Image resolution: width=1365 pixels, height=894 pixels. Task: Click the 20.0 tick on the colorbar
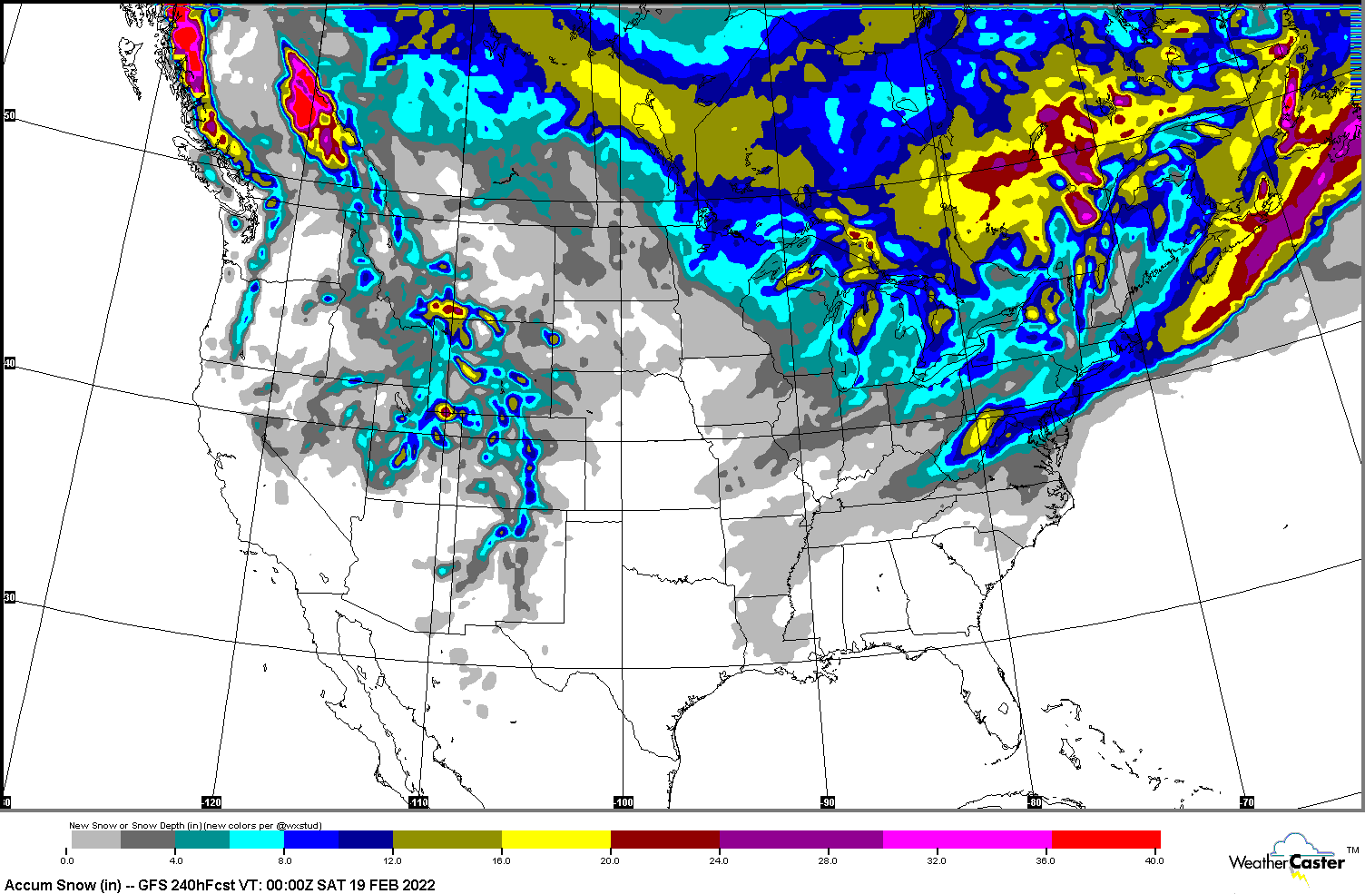pyautogui.click(x=611, y=860)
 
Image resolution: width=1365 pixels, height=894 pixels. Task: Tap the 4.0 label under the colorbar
pyautogui.click(x=176, y=860)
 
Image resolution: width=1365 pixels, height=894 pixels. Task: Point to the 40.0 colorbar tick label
pyautogui.click(x=1154, y=860)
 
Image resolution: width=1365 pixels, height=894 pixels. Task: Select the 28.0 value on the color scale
pyautogui.click(x=828, y=860)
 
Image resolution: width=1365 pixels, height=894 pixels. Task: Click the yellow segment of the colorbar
pyautogui.click(x=555, y=840)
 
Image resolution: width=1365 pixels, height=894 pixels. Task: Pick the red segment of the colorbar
pyautogui.click(x=1105, y=840)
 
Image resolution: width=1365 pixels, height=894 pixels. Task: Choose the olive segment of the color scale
pyautogui.click(x=447, y=840)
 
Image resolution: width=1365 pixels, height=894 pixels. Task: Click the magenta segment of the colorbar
pyautogui.click(x=967, y=840)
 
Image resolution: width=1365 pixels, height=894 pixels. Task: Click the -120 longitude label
pyautogui.click(x=211, y=802)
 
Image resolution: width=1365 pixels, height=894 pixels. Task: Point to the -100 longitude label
pyautogui.click(x=623, y=802)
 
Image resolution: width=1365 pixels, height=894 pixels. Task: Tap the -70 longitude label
pyautogui.click(x=1246, y=802)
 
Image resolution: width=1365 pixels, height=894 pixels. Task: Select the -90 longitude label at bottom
pyautogui.click(x=827, y=802)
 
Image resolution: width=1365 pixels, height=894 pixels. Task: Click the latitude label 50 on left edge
pyautogui.click(x=10, y=115)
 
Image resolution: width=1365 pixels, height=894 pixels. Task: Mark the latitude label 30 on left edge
pyautogui.click(x=10, y=597)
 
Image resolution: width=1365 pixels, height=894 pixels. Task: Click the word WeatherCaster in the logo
pyautogui.click(x=1286, y=863)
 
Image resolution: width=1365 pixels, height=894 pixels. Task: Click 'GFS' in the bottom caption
pyautogui.click(x=151, y=885)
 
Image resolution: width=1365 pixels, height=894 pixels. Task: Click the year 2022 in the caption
pyautogui.click(x=417, y=885)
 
